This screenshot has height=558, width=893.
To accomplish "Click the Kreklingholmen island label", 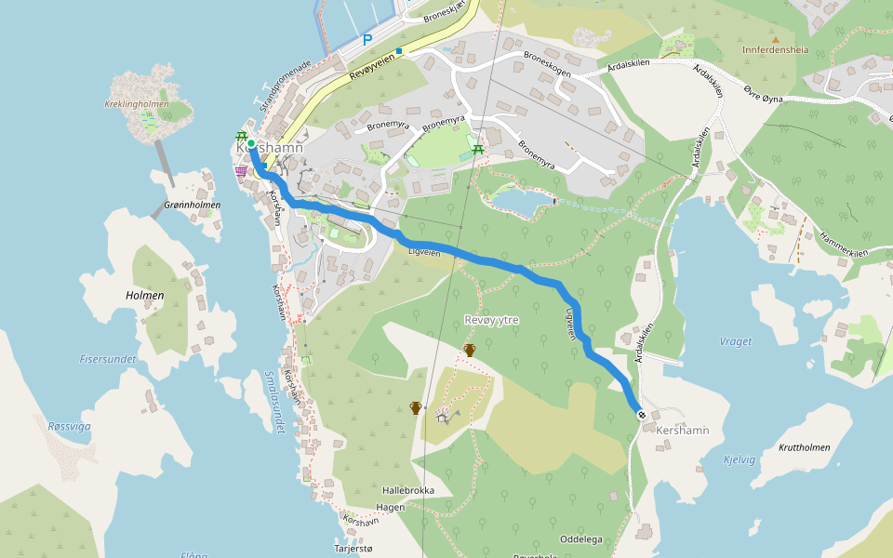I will click(138, 104).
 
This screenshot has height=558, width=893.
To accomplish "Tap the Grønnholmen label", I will click(192, 205).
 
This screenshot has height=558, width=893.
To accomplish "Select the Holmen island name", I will click(144, 296).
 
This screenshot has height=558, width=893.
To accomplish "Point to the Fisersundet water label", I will click(108, 359).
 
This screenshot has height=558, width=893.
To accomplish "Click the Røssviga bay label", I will click(70, 426).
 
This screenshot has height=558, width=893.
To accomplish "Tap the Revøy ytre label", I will click(490, 320).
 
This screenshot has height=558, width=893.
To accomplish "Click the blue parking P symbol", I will click(367, 40).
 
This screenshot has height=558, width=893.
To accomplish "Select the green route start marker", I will click(251, 143).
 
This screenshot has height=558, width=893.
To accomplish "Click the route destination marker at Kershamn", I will click(641, 414).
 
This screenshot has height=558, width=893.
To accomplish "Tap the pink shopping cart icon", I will click(241, 171).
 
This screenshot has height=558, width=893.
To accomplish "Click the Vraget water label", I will click(735, 341).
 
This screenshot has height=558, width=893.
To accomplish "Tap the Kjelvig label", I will click(740, 458).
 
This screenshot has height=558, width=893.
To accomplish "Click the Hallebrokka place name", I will click(408, 489).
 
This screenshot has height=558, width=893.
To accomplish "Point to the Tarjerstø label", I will click(352, 549).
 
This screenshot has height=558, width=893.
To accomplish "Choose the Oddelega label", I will click(581, 539).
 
